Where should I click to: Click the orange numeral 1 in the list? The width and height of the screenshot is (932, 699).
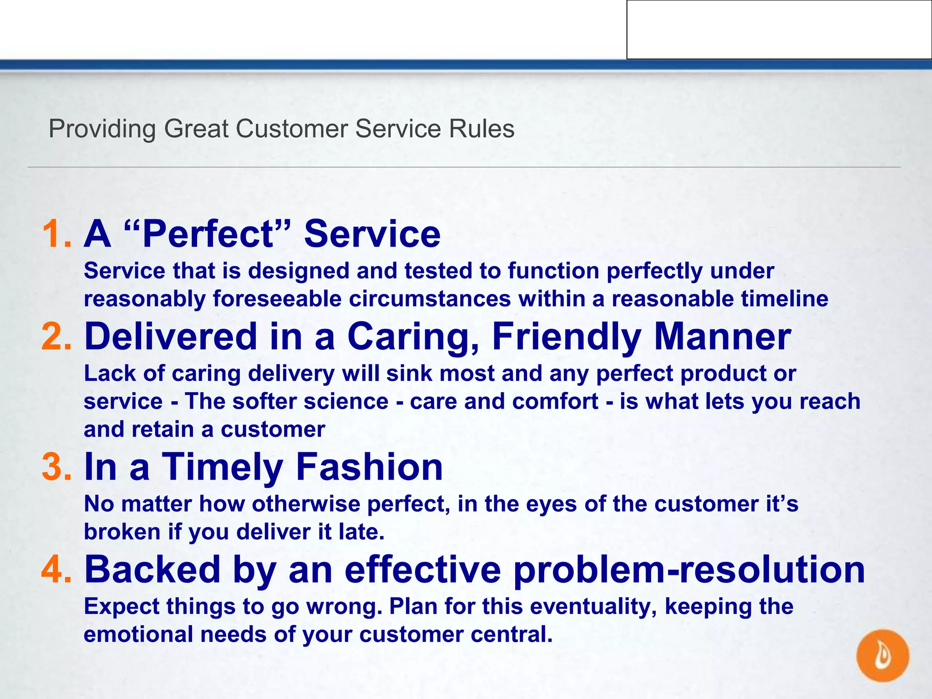tap(53, 234)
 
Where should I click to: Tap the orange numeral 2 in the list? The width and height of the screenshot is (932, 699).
tap(53, 337)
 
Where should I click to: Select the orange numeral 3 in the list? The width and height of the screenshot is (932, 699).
tap(53, 467)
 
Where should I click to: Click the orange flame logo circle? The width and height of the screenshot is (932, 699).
tap(882, 655)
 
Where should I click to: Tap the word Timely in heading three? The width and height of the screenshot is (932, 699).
tap(223, 468)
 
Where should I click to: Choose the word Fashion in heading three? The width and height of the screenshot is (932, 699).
tap(369, 467)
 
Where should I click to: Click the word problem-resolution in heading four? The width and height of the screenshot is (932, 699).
tap(689, 571)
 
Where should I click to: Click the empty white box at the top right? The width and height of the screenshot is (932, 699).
tap(779, 30)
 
